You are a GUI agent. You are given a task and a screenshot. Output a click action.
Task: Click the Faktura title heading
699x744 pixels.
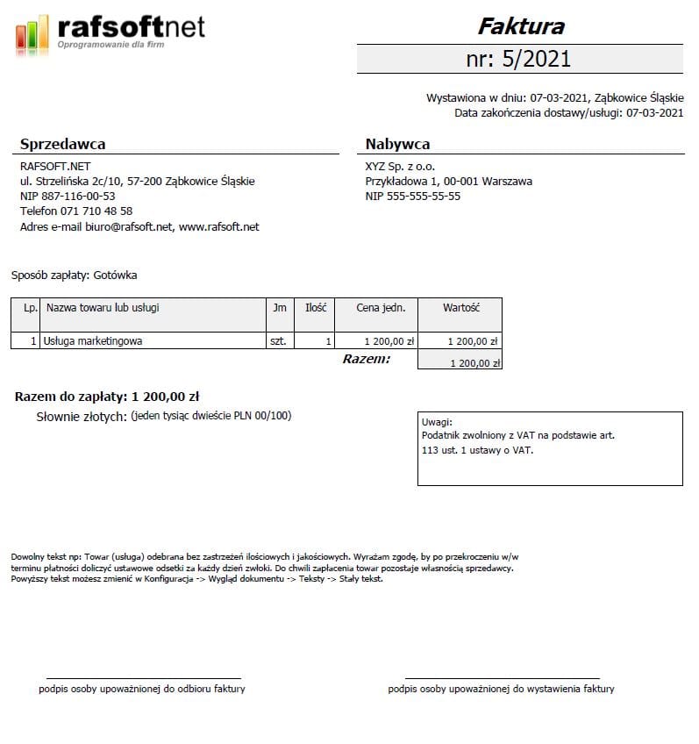coord(520,26)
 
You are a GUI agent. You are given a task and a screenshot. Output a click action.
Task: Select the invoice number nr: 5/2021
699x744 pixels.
coord(519,59)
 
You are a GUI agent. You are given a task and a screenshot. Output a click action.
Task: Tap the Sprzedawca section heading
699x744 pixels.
coord(62,145)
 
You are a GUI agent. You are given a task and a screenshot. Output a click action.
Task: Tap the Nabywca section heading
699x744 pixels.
coord(397,145)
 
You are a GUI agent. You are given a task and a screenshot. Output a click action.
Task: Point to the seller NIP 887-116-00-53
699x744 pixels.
coord(68,197)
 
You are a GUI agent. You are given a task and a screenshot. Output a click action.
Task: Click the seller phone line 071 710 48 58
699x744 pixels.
coord(76,211)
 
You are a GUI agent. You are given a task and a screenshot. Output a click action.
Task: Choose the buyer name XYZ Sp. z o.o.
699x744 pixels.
coord(401,167)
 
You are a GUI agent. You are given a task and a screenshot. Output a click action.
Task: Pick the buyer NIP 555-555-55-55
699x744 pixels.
coord(413,197)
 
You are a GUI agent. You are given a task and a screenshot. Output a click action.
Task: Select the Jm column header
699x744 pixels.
coord(280,308)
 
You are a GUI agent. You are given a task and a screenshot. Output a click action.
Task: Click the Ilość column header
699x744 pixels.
coord(316,308)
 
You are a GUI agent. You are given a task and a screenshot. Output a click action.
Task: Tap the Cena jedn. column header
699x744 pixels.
coord(381,308)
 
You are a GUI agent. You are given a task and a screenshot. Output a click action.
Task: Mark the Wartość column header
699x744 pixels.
coord(460,308)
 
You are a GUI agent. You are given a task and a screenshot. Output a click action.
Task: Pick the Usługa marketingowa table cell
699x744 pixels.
coord(93,341)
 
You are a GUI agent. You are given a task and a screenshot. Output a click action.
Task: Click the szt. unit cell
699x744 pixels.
coord(279,341)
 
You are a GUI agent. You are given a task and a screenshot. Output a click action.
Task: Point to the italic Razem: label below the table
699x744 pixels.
coord(367,360)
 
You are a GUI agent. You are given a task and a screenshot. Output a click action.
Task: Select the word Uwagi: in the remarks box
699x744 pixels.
coord(436,422)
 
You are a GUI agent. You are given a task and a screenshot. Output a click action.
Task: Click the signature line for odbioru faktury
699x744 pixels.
coord(143,678)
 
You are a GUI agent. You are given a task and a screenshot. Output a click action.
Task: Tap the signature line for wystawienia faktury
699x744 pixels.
coord(502,678)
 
